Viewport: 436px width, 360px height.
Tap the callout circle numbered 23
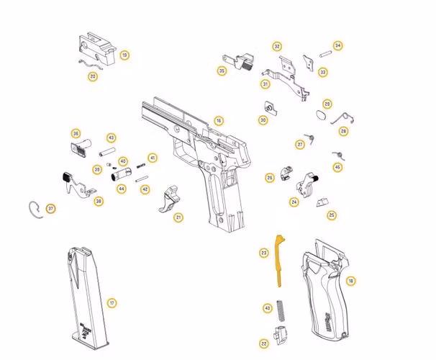(264, 253)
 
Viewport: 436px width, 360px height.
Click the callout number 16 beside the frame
(219, 121)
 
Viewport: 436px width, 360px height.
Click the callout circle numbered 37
(50, 209)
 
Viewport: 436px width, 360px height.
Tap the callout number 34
(337, 45)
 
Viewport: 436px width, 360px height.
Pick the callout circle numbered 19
(124, 55)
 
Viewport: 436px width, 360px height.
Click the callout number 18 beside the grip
(350, 281)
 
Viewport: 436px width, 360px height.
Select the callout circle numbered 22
(264, 343)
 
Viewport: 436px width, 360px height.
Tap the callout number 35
(222, 71)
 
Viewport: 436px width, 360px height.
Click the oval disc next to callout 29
(322, 115)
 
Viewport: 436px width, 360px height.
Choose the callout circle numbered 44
(122, 189)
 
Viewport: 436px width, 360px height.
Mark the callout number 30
(263, 120)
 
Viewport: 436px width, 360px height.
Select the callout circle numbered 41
(152, 158)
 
